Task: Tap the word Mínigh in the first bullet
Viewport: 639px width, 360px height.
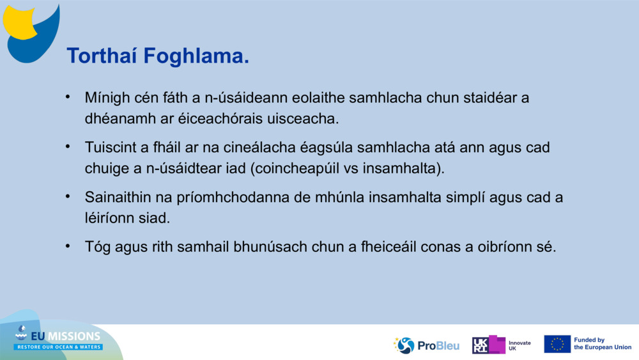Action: point(107,98)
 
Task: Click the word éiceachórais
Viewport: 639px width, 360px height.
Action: point(220,119)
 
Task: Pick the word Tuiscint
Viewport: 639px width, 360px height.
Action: point(110,147)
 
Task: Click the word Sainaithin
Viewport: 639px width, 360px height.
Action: point(118,198)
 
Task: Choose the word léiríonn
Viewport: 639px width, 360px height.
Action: point(109,218)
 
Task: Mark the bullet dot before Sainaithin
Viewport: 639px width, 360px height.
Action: point(68,196)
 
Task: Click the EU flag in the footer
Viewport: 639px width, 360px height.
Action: point(557,344)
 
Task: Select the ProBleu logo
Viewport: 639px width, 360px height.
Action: point(426,345)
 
